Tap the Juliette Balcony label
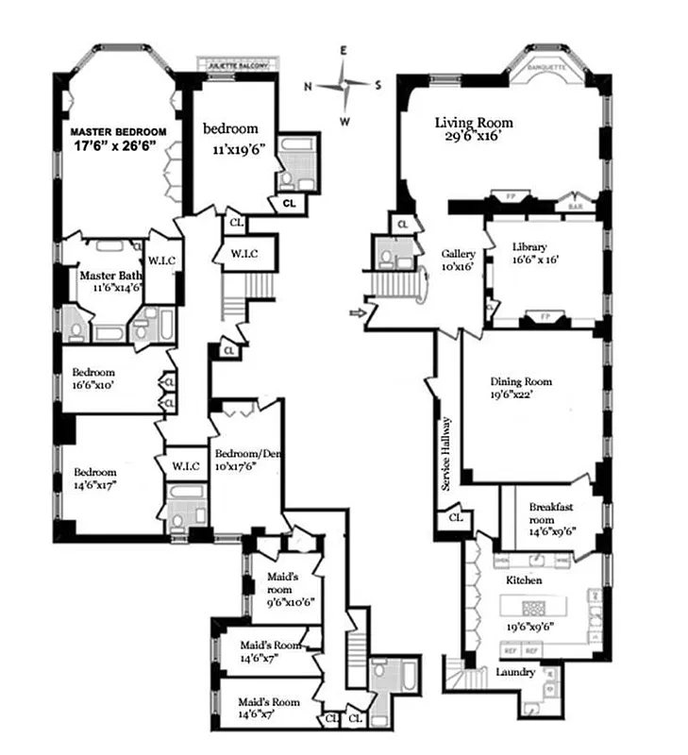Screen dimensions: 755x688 240,65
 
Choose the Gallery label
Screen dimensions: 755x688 459,254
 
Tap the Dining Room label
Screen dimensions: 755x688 520,381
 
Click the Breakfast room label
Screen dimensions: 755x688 552,507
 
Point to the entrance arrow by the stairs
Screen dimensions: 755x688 357,310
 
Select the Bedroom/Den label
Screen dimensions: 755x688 243,452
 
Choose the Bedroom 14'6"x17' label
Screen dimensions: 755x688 96,473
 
